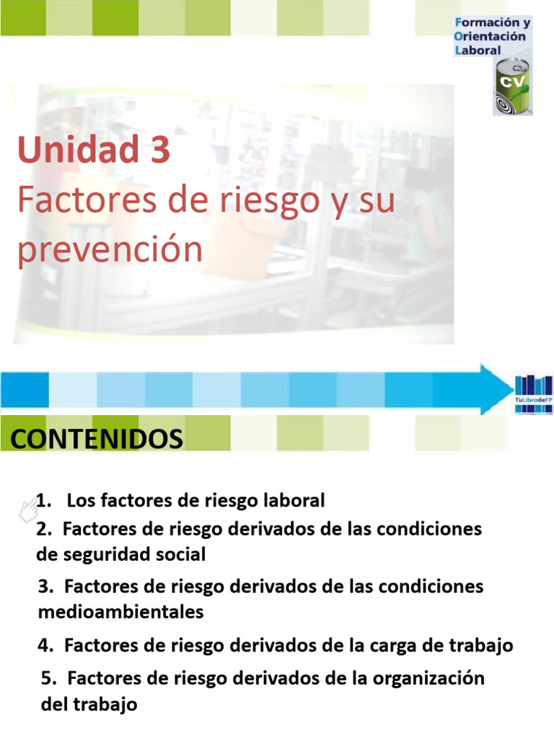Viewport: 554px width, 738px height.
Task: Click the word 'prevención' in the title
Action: (x=110, y=251)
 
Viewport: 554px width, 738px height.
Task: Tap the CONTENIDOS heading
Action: (x=97, y=438)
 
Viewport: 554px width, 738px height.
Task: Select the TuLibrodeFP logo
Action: (x=534, y=394)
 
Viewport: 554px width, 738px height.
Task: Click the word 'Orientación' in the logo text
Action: (x=491, y=37)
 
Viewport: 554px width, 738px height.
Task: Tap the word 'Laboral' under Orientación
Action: (x=478, y=50)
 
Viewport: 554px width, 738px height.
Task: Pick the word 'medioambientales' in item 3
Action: (x=120, y=612)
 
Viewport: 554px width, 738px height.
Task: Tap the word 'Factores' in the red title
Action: (x=80, y=201)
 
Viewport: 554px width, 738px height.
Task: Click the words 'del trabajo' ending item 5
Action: (x=89, y=703)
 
